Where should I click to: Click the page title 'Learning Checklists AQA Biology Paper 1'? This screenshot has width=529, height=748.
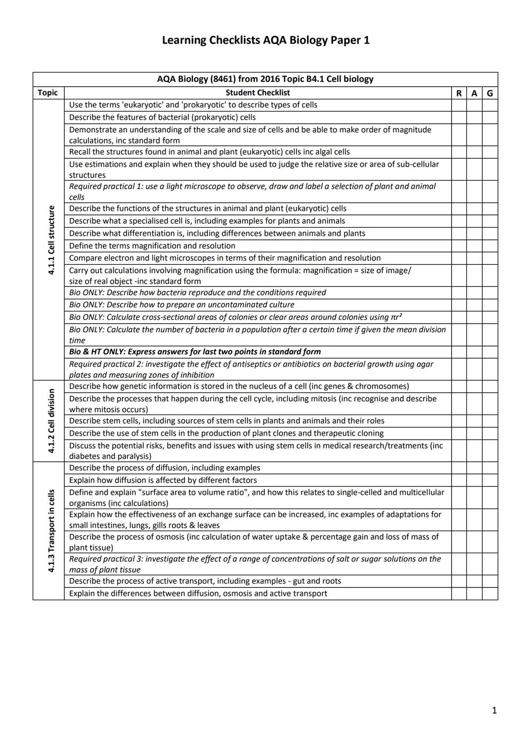(x=265, y=40)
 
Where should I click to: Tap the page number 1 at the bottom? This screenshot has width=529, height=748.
(x=494, y=710)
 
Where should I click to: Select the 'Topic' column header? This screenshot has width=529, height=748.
(x=48, y=93)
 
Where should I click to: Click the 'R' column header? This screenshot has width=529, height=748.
(x=458, y=93)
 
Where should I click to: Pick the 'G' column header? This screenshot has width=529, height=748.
(x=489, y=93)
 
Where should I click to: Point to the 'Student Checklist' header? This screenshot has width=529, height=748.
(x=258, y=93)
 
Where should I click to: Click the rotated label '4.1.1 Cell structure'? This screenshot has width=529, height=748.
(x=51, y=240)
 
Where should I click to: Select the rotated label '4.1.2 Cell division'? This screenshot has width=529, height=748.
(x=51, y=421)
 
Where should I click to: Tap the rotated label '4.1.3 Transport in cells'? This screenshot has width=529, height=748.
(x=51, y=531)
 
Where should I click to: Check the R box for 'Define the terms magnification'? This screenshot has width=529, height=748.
(x=458, y=246)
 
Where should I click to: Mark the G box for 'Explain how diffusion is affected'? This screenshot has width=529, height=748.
(x=489, y=480)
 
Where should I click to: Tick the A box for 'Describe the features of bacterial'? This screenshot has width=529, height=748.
(x=474, y=117)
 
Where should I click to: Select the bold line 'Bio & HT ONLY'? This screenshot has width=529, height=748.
(x=194, y=351)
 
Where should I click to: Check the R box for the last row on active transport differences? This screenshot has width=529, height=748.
(x=458, y=593)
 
